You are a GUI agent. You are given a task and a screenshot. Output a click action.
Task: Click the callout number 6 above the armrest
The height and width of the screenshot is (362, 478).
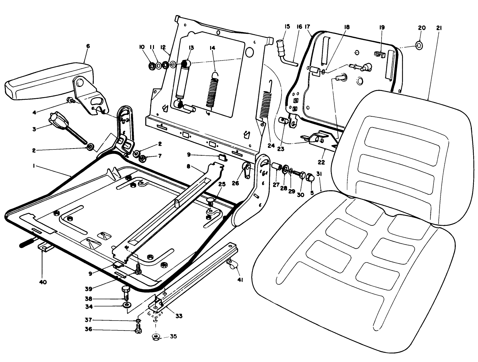coord(88,46)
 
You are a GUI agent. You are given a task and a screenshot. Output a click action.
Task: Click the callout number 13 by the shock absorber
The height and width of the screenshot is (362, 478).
coord(191,48)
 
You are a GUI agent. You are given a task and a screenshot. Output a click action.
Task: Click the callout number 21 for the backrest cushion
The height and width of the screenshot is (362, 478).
coord(439,28)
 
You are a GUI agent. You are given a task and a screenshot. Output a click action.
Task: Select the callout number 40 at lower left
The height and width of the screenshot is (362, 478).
coord(43,282)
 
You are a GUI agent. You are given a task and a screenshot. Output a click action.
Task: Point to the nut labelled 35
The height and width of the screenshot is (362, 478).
coord(155,337)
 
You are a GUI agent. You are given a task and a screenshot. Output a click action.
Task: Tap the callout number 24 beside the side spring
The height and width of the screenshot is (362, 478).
coord(271,145)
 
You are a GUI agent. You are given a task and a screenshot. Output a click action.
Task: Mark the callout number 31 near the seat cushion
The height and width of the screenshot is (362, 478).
coord(319,174)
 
